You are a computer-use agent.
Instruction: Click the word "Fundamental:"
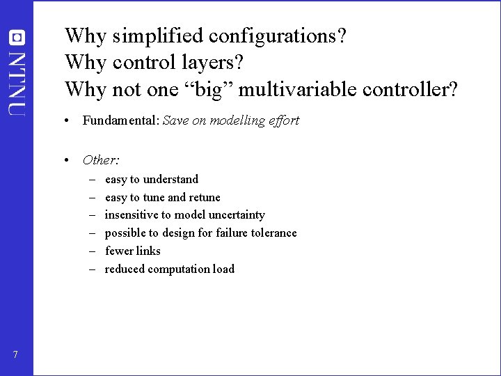pyautogui.click(x=121, y=120)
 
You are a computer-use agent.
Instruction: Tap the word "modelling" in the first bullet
pyautogui.click(x=233, y=120)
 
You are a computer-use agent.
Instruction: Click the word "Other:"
pyautogui.click(x=101, y=160)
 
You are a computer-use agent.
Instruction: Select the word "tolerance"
pyautogui.click(x=271, y=233)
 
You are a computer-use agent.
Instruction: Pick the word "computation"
pyautogui.click(x=173, y=269)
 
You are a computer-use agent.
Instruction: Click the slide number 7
pyautogui.click(x=15, y=356)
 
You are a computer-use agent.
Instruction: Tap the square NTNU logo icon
pyautogui.click(x=17, y=36)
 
